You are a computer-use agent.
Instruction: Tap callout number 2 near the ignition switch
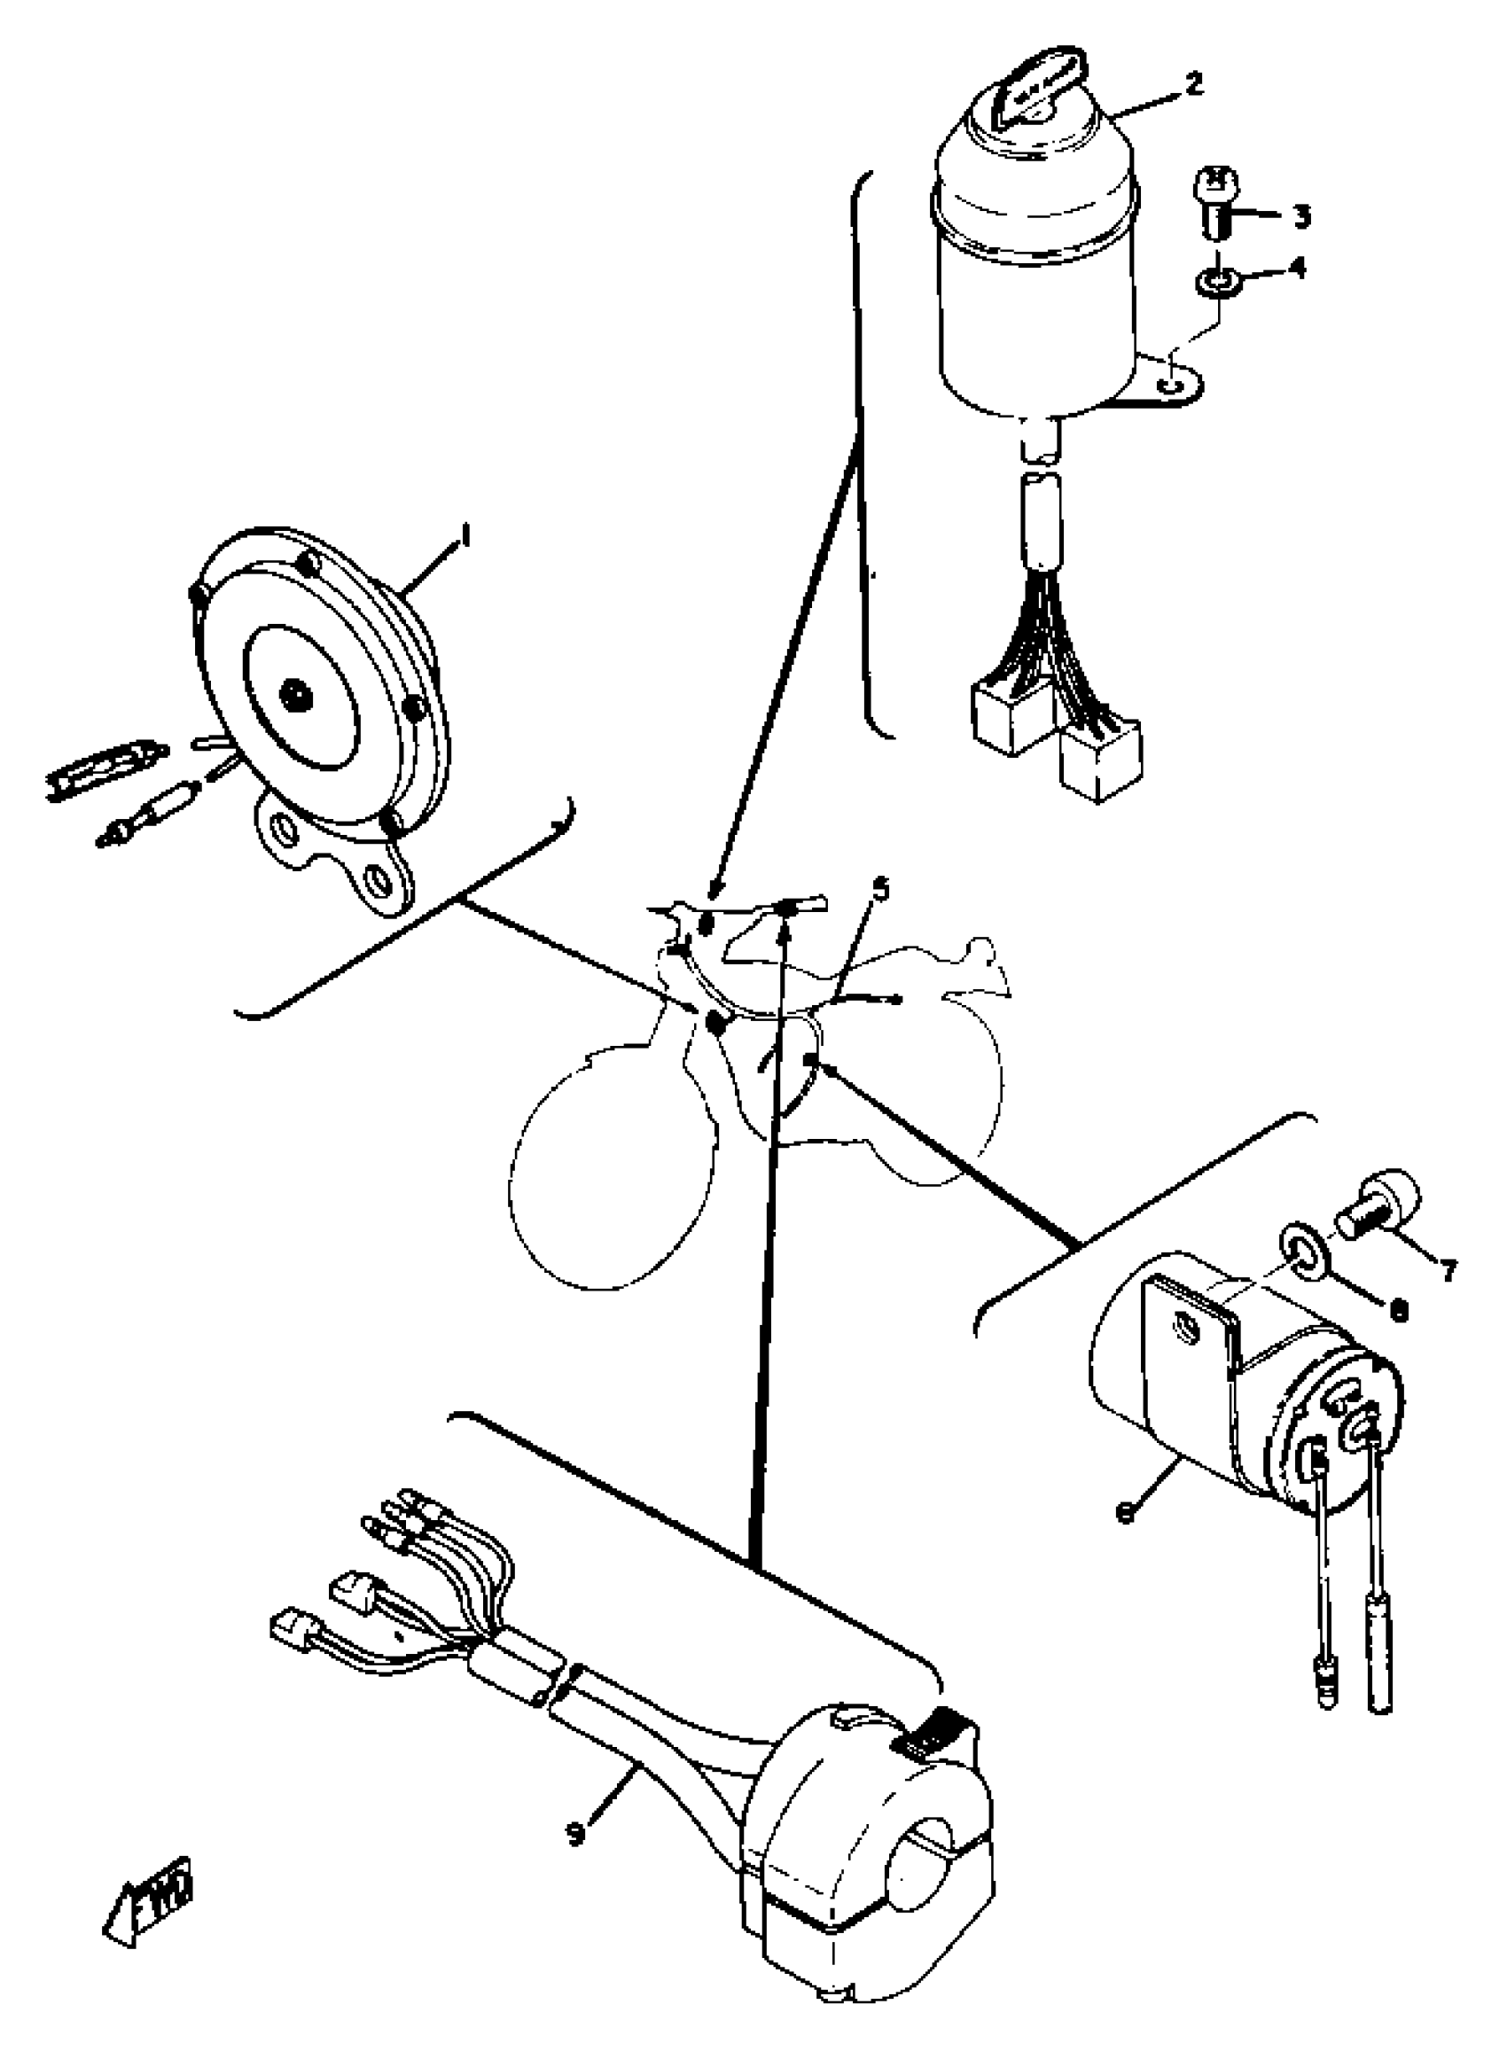[x=1193, y=84]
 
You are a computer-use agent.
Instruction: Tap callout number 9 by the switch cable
[x=575, y=1833]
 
